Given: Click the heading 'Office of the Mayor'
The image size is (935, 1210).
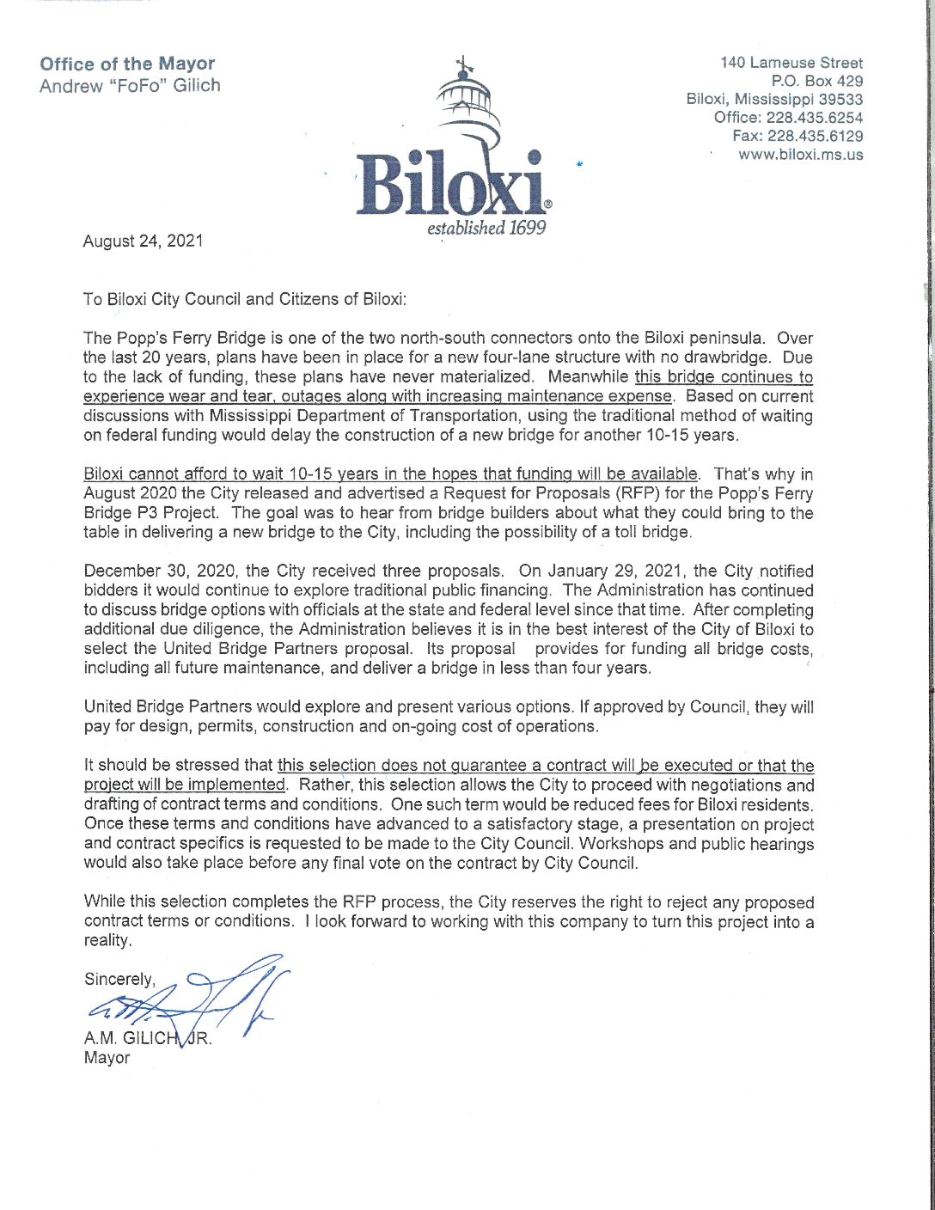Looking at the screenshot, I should (127, 64).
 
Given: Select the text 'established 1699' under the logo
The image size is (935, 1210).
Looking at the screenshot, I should (486, 230).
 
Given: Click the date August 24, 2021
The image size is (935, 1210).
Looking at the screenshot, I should (143, 241).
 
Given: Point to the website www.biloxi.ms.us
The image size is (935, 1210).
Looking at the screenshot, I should (801, 155).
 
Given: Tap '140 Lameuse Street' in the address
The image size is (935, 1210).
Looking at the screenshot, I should (791, 63).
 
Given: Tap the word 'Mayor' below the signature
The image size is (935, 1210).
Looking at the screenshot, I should (107, 1058).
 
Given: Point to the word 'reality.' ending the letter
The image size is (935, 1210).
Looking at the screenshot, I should (108, 941).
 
